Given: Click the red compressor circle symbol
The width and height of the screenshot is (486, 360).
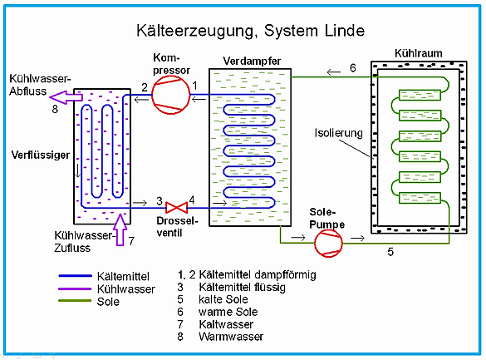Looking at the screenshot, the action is (170, 95).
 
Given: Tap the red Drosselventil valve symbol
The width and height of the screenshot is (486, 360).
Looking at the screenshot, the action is (176, 208).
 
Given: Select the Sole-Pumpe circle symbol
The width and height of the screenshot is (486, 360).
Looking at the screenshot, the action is (328, 243).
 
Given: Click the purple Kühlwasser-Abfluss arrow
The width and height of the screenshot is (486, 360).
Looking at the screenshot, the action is (66, 97).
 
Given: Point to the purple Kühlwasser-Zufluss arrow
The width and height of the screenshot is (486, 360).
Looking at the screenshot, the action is (120, 229).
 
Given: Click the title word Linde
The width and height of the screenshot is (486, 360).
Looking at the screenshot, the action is (345, 31).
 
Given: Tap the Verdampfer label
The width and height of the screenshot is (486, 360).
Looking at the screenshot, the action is (252, 61).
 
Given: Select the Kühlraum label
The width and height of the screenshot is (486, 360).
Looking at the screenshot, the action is (419, 53).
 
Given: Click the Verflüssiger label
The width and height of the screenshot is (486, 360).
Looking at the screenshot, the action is (41, 155).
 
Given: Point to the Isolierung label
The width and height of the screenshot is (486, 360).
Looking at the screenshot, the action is (338, 133).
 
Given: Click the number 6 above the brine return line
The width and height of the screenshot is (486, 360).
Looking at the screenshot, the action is (353, 68).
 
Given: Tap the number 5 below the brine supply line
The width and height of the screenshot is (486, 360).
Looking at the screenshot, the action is (390, 252).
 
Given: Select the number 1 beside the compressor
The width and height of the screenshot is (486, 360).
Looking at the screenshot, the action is (194, 86).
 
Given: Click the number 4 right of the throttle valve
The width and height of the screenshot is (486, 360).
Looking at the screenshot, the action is (192, 200).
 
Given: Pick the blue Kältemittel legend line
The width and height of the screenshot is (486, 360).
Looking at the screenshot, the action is (76, 276).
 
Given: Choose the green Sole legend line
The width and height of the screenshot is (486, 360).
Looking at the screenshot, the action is (75, 300).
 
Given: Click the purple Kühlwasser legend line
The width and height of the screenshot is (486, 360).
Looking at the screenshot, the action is (75, 288).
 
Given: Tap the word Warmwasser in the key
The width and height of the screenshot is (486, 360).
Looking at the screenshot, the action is (231, 337).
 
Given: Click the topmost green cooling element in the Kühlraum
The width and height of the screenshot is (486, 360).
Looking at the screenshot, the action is (420, 95).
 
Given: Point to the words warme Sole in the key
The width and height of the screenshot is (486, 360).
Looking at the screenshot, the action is (228, 312).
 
